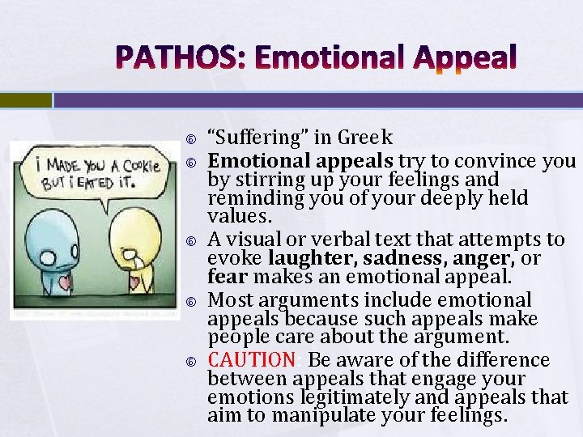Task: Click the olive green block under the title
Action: point(25,100)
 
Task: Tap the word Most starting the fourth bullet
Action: point(227,299)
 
